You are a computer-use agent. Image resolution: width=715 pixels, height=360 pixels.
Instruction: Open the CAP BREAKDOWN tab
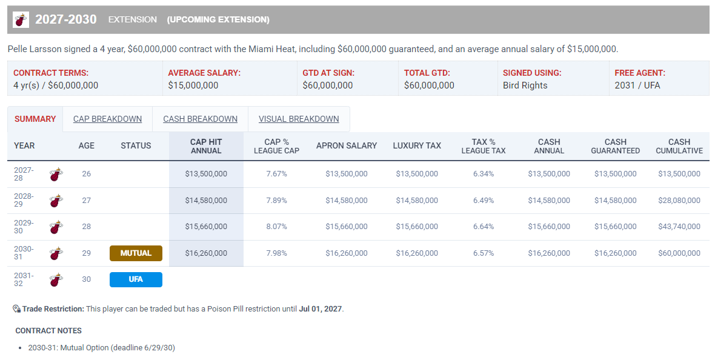pyautogui.click(x=107, y=119)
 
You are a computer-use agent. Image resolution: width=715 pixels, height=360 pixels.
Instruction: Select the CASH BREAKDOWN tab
pyautogui.click(x=200, y=119)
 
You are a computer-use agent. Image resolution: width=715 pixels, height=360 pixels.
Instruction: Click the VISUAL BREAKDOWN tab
pyautogui.click(x=299, y=119)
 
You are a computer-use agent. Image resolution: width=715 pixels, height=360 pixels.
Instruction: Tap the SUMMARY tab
pyautogui.click(x=35, y=119)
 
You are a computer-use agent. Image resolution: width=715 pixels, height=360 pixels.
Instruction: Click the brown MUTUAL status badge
pyautogui.click(x=136, y=253)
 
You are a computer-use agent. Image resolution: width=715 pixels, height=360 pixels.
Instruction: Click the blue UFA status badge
pyautogui.click(x=136, y=279)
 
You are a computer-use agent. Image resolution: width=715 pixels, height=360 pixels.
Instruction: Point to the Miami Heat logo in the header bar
pyautogui.click(x=21, y=19)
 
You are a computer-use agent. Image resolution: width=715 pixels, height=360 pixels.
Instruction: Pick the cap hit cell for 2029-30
pyautogui.click(x=206, y=226)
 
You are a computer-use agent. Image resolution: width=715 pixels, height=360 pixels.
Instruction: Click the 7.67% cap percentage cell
pyautogui.click(x=277, y=174)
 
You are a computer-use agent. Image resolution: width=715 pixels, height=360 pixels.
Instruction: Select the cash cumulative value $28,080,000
pyautogui.click(x=679, y=201)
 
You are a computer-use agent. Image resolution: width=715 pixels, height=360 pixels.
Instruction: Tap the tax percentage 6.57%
pyautogui.click(x=484, y=253)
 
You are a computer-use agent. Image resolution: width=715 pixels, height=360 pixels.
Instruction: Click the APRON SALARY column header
pyautogui.click(x=347, y=145)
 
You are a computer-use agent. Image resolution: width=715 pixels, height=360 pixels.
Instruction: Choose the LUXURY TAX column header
pyautogui.click(x=417, y=145)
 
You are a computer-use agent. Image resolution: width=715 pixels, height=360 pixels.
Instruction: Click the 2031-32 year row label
pyautogui.click(x=24, y=279)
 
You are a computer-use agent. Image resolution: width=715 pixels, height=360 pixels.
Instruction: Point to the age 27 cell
pyautogui.click(x=87, y=201)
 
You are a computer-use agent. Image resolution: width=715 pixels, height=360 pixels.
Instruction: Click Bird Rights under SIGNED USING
pyautogui.click(x=525, y=85)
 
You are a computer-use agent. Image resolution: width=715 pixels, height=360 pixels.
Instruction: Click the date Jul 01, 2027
pyautogui.click(x=320, y=309)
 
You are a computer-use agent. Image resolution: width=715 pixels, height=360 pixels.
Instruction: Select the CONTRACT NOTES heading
pyautogui.click(x=48, y=331)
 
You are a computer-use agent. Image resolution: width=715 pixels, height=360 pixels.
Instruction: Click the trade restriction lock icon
pyautogui.click(x=16, y=309)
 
